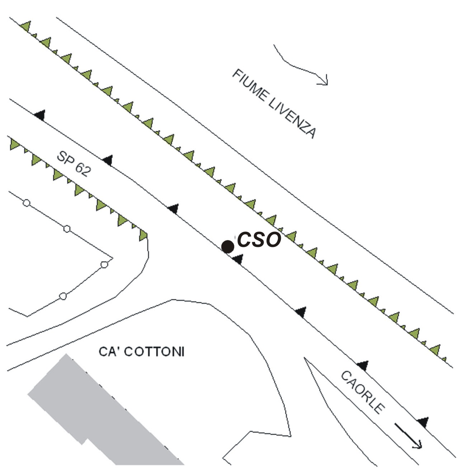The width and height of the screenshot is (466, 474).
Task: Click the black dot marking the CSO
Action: click(227, 247)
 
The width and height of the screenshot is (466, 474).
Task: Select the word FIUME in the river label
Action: click(249, 85)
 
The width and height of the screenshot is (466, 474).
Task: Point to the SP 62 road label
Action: click(74, 164)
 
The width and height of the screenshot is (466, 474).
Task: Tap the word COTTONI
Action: click(154, 352)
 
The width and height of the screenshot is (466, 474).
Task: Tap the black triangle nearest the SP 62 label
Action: click(108, 160)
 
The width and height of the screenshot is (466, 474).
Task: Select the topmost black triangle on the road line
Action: click(40, 115)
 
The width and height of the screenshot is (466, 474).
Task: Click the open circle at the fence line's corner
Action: click(104, 265)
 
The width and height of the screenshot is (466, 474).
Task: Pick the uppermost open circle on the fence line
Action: click(27, 203)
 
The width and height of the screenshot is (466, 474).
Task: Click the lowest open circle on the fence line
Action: click(63, 296)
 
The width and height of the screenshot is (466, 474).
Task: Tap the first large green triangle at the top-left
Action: click(26, 26)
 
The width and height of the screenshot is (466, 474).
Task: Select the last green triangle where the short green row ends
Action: click(143, 235)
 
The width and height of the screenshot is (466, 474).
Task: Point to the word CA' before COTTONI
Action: click(109, 352)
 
